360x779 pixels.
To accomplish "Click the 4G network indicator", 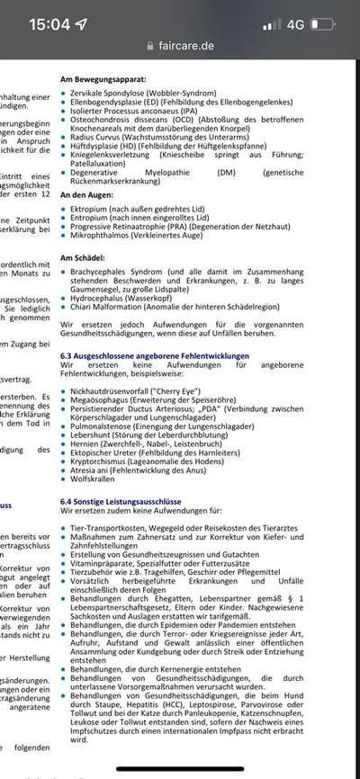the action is [x=294, y=25].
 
